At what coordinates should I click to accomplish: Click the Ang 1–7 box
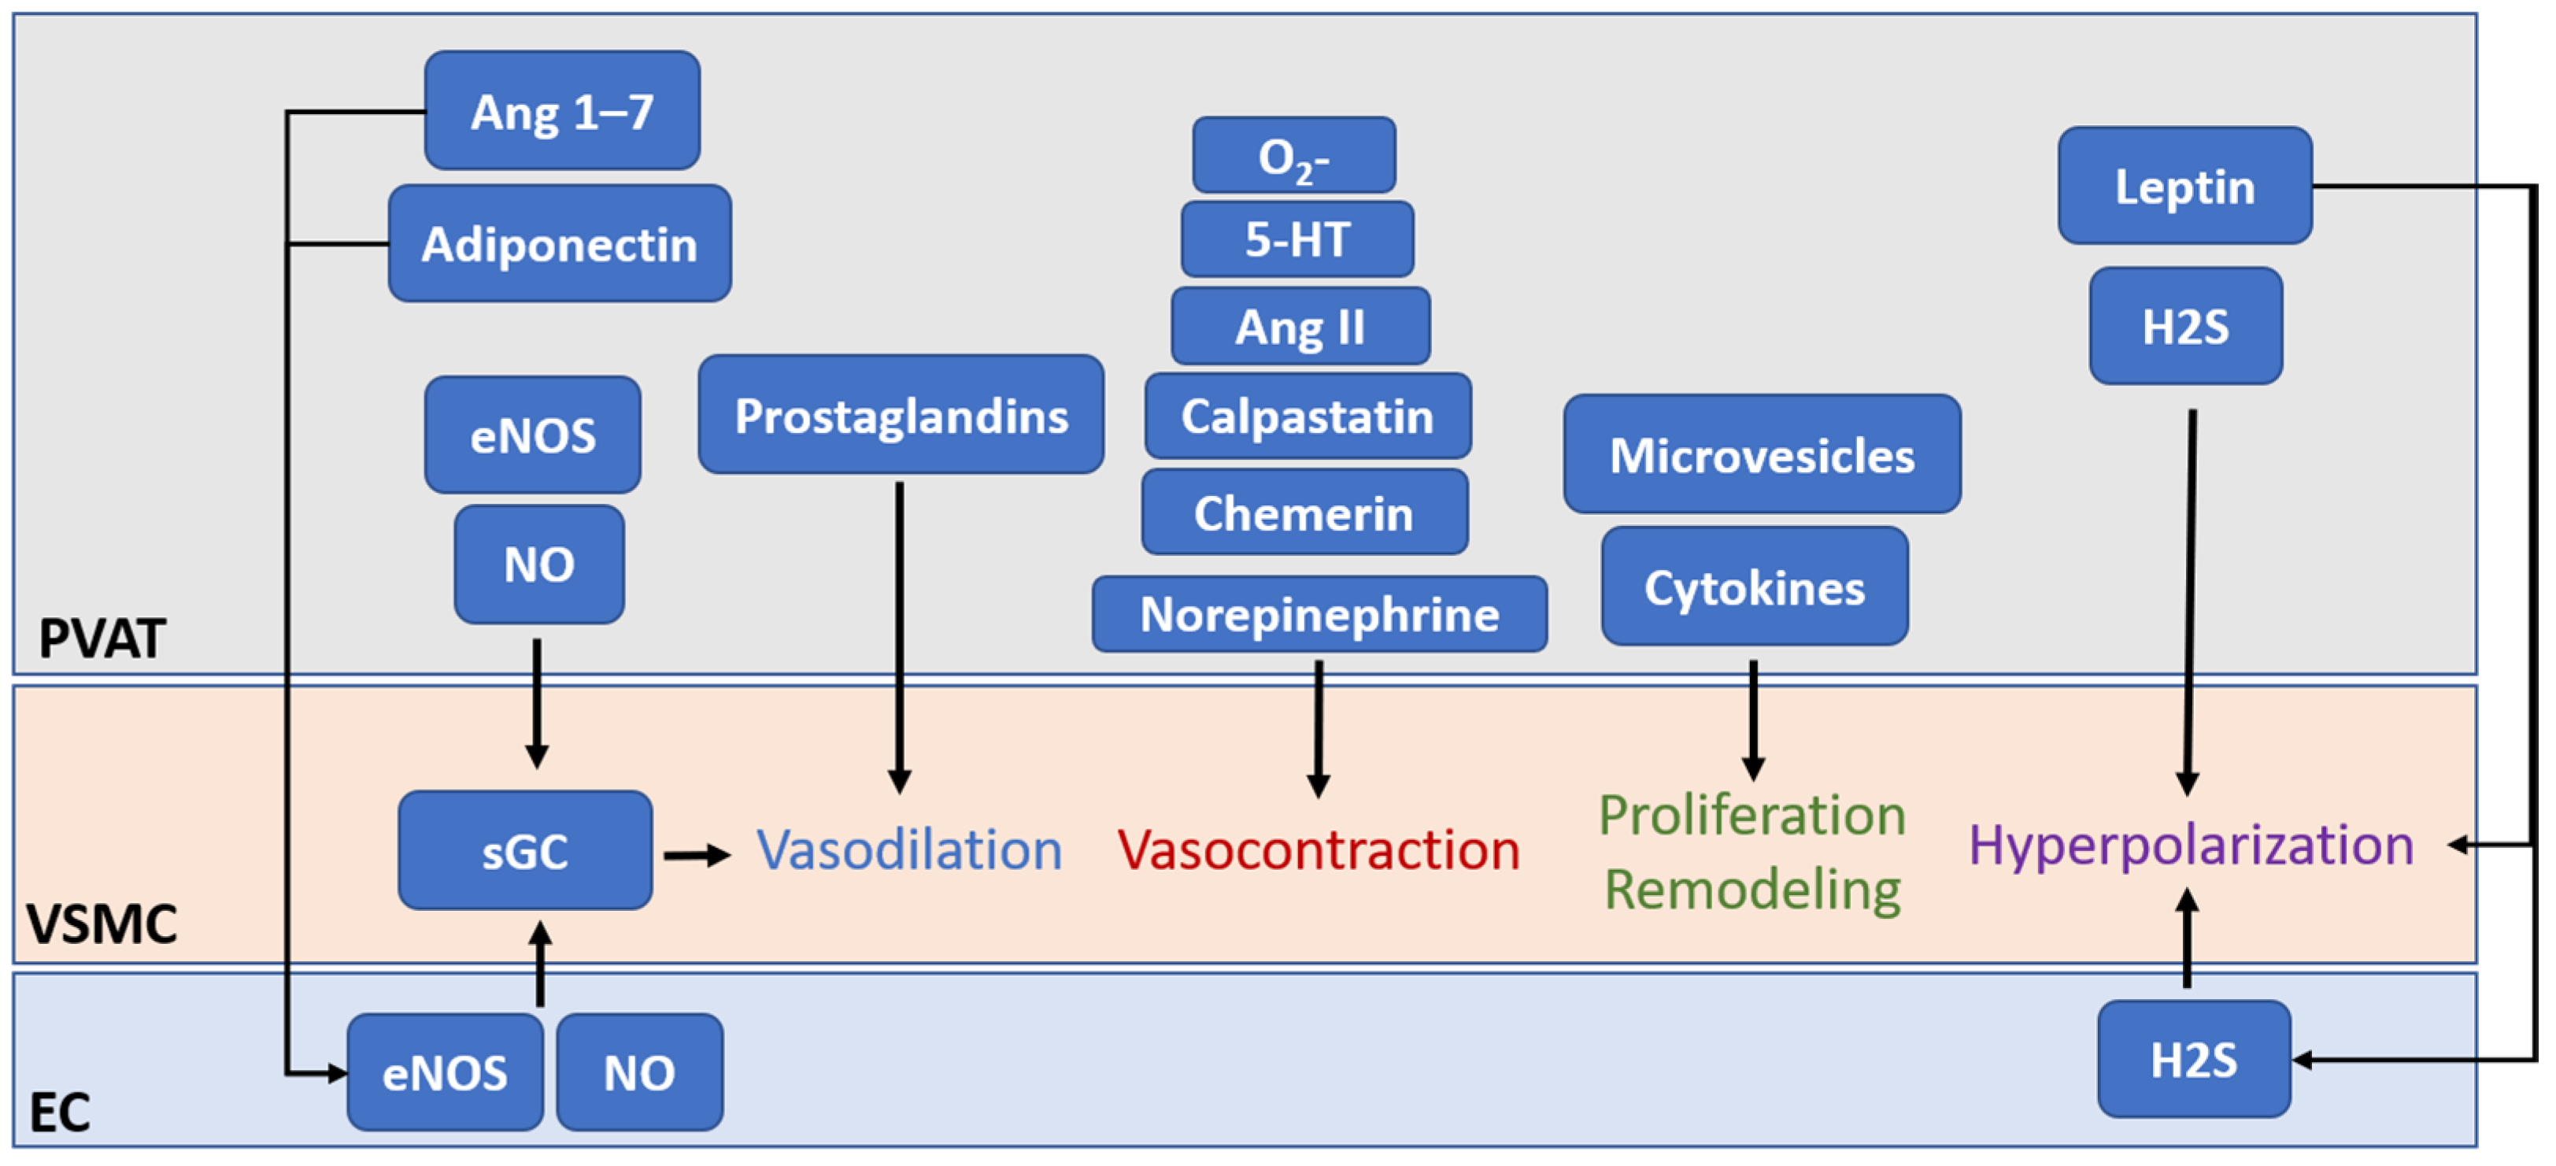point(561,110)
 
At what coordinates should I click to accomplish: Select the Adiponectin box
point(560,243)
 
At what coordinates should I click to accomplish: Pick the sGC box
point(525,850)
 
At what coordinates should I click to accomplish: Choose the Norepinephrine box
point(1319,614)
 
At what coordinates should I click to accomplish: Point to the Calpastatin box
point(1307,416)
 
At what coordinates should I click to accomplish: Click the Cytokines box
point(1753,587)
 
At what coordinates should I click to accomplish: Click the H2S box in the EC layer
point(2193,1059)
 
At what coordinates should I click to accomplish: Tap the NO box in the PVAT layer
point(538,564)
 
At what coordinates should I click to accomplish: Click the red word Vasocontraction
point(1318,850)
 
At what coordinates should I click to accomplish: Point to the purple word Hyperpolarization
point(2190,846)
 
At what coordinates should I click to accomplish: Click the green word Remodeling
point(1752,889)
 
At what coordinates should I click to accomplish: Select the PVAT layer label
point(102,638)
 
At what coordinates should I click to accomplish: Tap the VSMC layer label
point(102,924)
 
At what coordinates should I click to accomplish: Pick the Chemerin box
point(1304,513)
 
